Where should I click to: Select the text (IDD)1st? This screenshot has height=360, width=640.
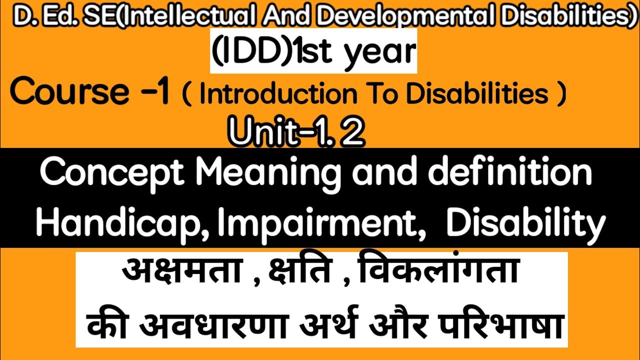(x=269, y=51)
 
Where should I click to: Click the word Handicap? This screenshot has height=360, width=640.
(x=122, y=224)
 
